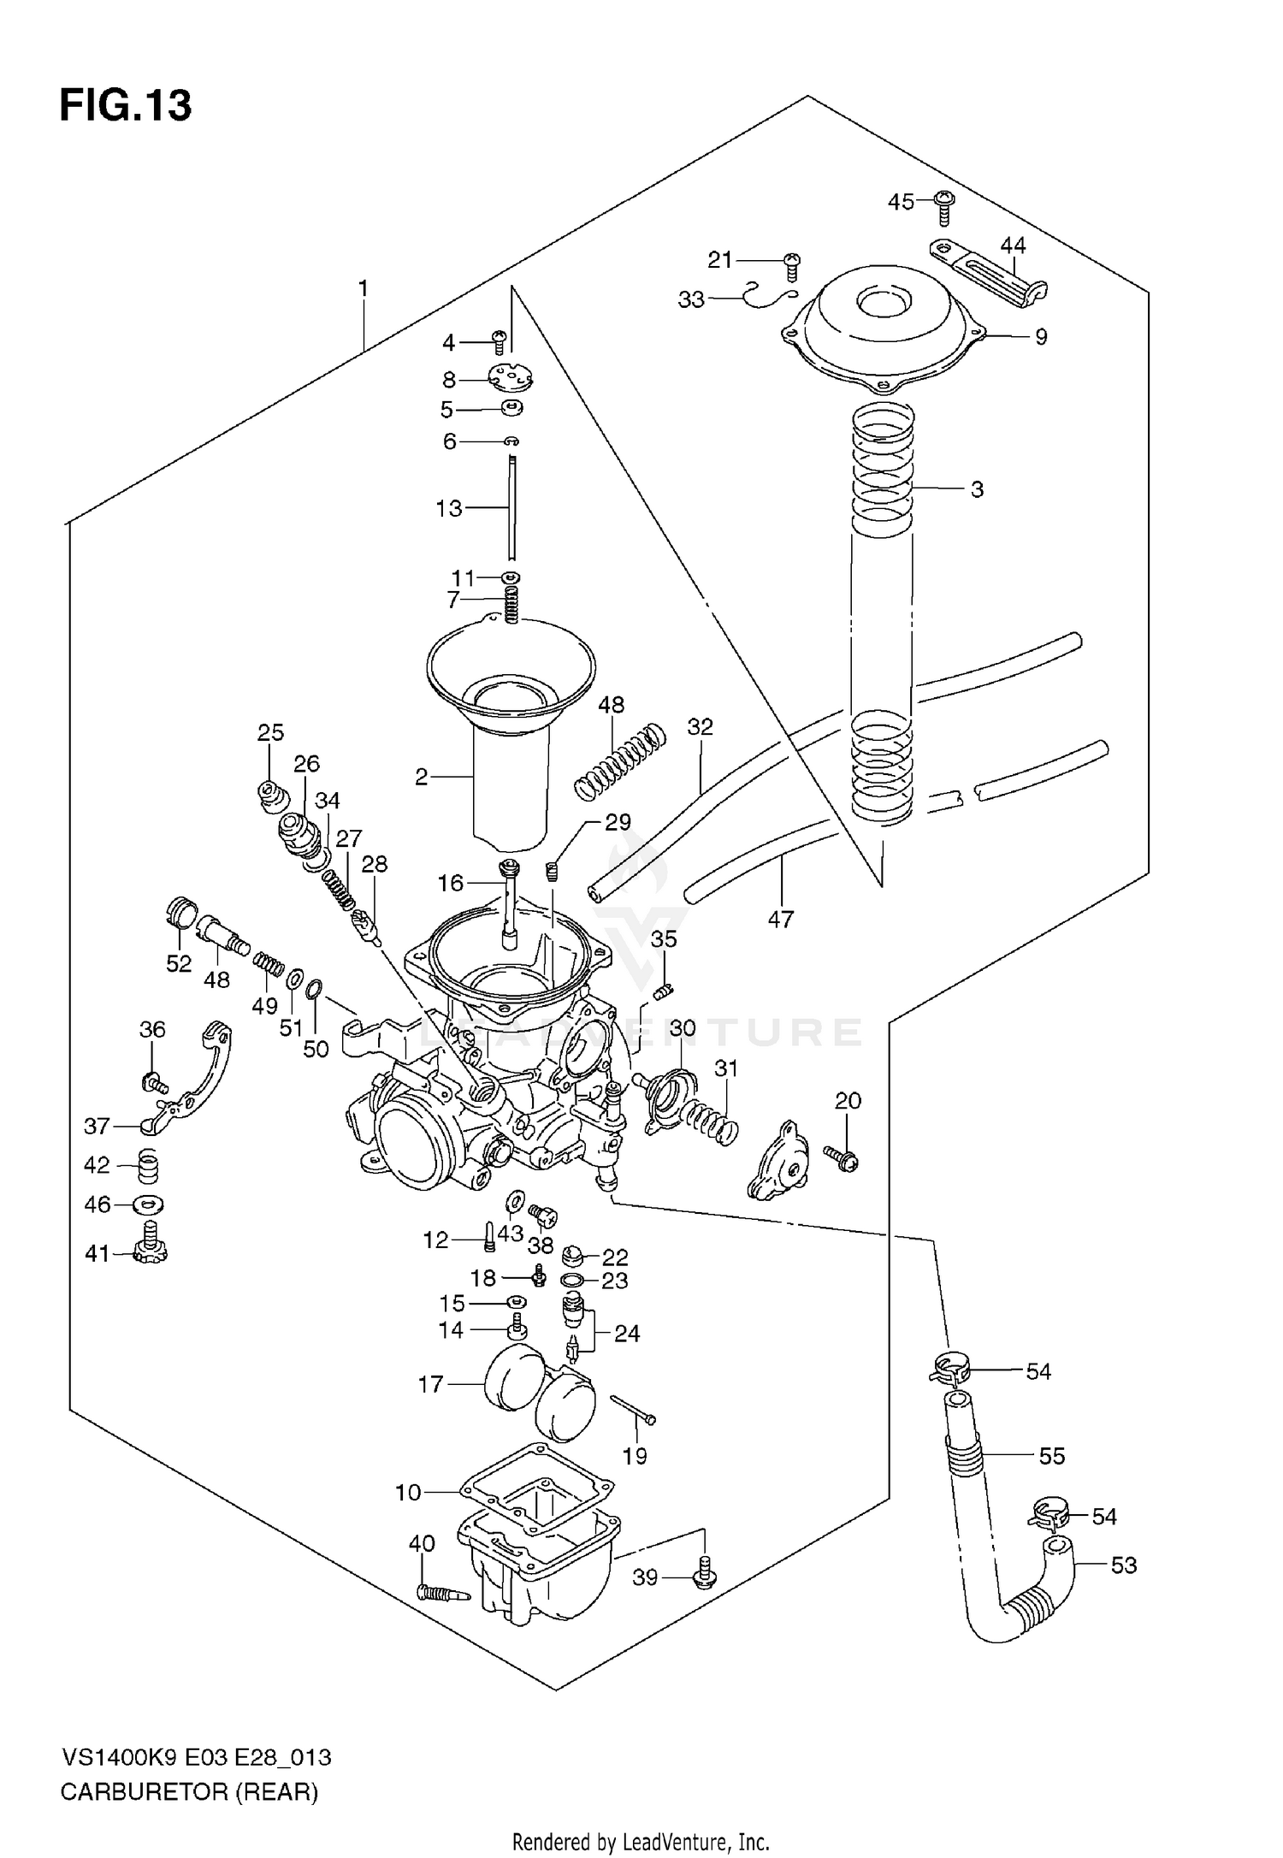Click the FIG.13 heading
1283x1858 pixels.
[x=126, y=106]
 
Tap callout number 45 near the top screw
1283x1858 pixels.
[x=901, y=202]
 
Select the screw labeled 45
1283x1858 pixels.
[x=944, y=205]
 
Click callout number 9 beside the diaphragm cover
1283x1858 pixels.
[x=1041, y=337]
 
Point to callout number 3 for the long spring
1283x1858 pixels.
[x=977, y=490]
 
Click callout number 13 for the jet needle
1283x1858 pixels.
[x=449, y=508]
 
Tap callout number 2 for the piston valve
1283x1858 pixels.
[x=421, y=777]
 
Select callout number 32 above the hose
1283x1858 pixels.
[x=700, y=727]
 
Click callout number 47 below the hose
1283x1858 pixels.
[x=780, y=920]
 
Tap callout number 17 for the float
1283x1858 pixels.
[x=431, y=1384]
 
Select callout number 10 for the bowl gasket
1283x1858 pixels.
[x=408, y=1493]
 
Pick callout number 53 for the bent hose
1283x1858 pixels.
[x=1124, y=1565]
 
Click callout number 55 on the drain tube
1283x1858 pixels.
[x=1052, y=1456]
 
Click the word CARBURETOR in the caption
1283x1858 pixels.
[x=141, y=1791]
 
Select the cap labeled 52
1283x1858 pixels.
[x=180, y=914]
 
